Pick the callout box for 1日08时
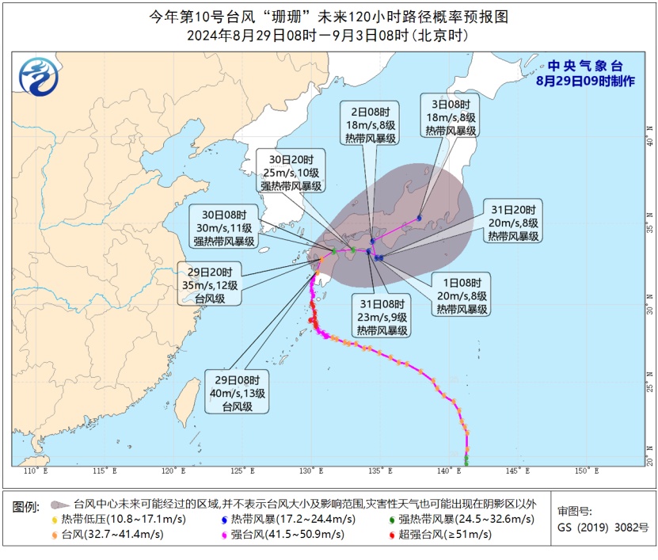(460, 296)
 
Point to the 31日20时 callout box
(513, 223)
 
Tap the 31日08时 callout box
(382, 317)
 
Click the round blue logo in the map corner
(38, 77)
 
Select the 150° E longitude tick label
(587, 470)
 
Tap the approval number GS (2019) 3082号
(603, 527)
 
